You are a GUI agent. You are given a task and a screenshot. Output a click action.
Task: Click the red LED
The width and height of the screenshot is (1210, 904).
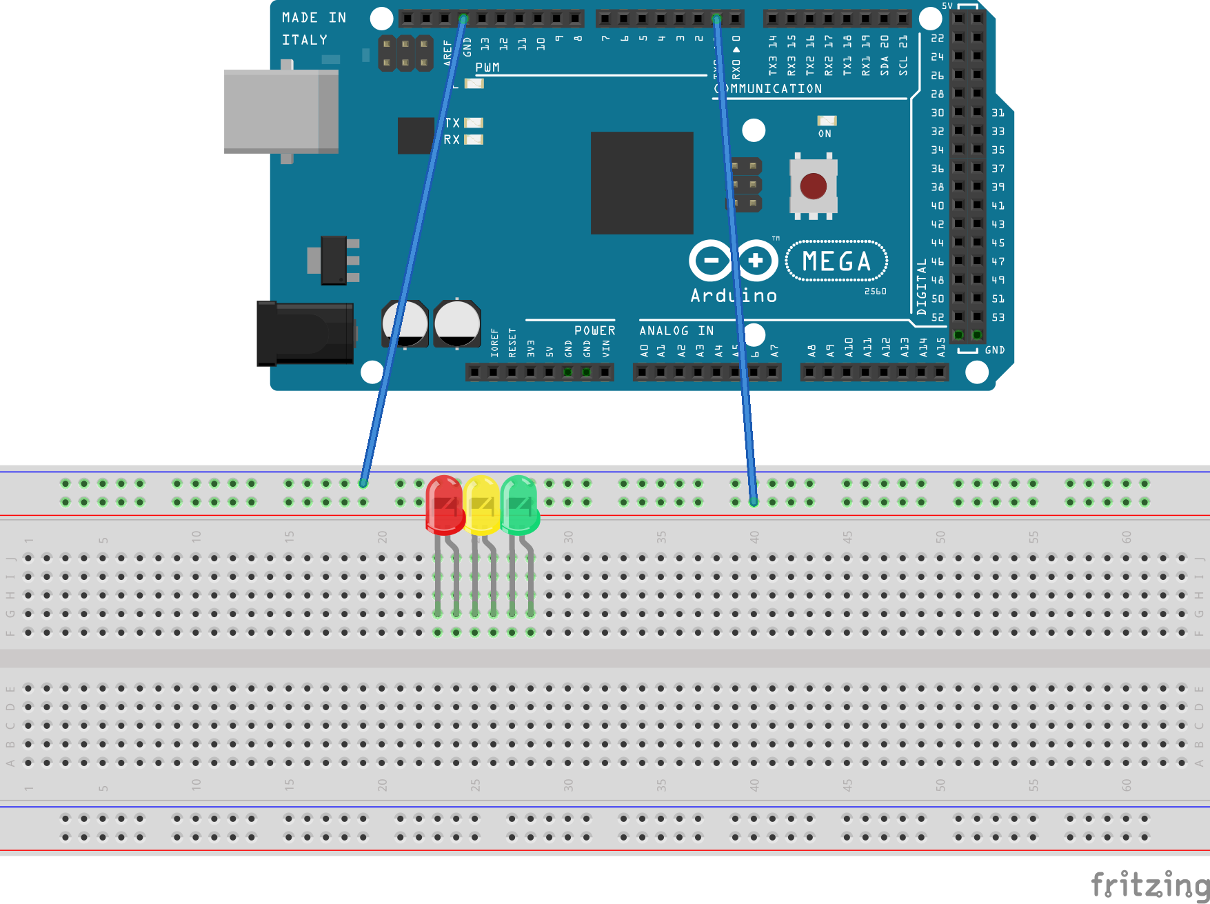(x=445, y=505)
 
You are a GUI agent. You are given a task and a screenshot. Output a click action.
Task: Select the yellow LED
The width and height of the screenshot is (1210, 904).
(x=482, y=505)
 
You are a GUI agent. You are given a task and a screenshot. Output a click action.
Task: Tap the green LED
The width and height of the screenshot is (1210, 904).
(x=519, y=505)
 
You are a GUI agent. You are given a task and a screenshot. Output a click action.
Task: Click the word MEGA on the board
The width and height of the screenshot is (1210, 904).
(x=836, y=261)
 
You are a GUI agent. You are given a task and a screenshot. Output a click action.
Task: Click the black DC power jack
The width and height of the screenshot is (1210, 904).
(x=305, y=334)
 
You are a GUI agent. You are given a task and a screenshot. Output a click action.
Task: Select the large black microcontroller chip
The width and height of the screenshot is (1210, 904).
(x=642, y=183)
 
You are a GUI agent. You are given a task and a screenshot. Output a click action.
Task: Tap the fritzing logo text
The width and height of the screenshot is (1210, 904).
(x=1149, y=885)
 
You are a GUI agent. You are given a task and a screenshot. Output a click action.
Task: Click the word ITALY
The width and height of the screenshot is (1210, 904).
(x=304, y=40)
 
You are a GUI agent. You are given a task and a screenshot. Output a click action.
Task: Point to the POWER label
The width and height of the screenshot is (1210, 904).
(x=594, y=331)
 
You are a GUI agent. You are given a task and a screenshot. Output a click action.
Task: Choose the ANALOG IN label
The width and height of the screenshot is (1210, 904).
(x=676, y=331)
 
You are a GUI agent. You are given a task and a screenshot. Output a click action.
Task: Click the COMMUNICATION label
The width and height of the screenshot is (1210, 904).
(x=769, y=89)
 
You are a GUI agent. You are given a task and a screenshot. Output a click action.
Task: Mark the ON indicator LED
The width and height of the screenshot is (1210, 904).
(x=827, y=121)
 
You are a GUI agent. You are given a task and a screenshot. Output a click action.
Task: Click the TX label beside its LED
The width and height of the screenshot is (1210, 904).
(x=452, y=123)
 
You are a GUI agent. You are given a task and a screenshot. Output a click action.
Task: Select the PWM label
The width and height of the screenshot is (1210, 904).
(x=487, y=68)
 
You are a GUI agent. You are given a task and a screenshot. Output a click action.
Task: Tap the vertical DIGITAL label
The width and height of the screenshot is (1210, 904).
(x=922, y=287)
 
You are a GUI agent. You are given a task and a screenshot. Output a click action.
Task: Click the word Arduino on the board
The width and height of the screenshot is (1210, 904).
(x=734, y=296)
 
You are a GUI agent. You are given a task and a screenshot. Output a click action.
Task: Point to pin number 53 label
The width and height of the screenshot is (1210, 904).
(x=998, y=317)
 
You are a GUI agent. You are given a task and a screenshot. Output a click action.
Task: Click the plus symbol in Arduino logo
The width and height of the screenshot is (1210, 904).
(x=756, y=261)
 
